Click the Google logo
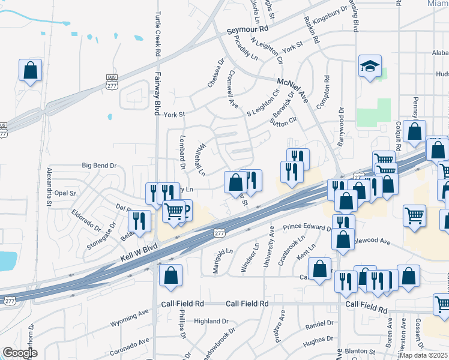click(20, 353)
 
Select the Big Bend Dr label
click(99, 165)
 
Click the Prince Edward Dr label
click(307, 228)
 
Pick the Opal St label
click(65, 193)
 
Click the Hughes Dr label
click(318, 343)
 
